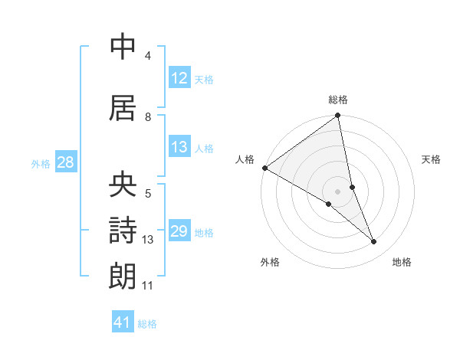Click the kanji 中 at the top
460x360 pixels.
tap(123, 47)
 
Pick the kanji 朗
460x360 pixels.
tap(123, 275)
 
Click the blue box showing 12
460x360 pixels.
tap(179, 77)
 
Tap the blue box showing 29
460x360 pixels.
tap(179, 231)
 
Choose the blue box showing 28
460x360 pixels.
tap(65, 162)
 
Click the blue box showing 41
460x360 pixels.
tap(123, 322)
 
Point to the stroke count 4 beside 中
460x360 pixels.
tap(148, 56)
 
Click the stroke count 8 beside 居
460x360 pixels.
tap(148, 116)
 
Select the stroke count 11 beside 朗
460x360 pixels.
tap(148, 286)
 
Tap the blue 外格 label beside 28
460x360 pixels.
tap(41, 163)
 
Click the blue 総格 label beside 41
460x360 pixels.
tap(147, 323)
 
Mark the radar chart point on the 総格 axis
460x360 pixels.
tap(337, 116)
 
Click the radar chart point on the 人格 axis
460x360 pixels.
tap(264, 168)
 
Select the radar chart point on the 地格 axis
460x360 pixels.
tap(374, 242)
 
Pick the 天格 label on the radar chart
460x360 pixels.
tap(432, 159)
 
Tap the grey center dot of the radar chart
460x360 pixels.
tap(337, 191)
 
